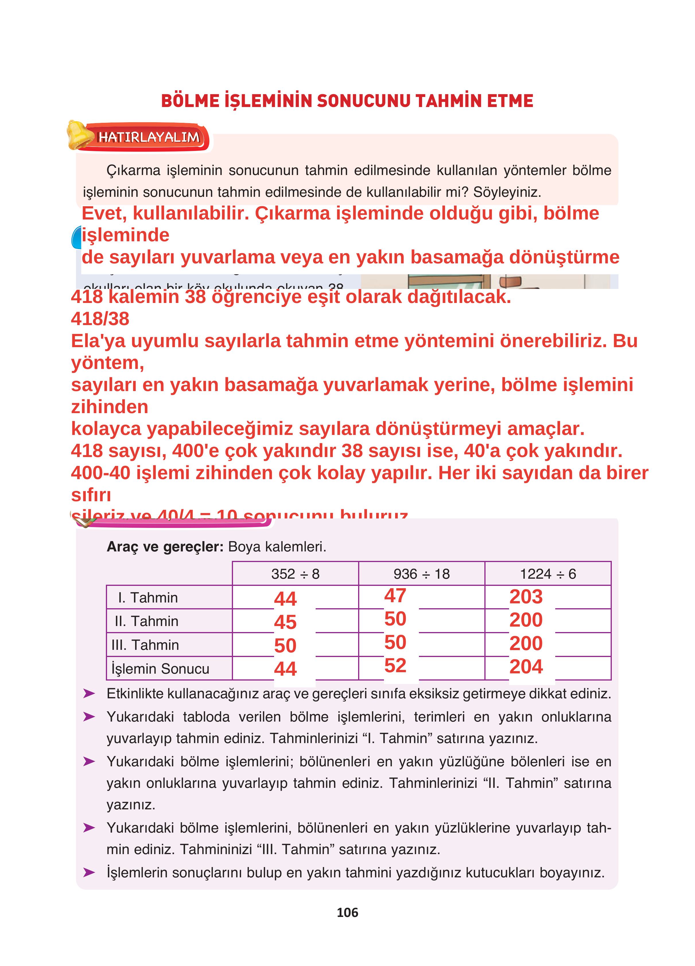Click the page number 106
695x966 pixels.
point(347,912)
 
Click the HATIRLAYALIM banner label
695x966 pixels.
point(148,137)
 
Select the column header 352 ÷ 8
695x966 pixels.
point(295,574)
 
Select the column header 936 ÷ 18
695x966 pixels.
point(422,574)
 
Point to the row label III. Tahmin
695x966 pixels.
point(145,645)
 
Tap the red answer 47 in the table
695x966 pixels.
point(395,595)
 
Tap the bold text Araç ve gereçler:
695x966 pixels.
point(165,547)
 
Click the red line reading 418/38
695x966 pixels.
point(100,318)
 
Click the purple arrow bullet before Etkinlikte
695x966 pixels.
point(89,694)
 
